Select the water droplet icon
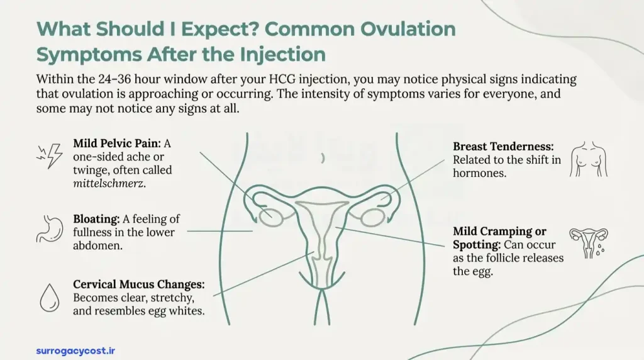pos(49,297)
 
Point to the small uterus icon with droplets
pos(589,242)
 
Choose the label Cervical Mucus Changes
pos(139,284)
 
